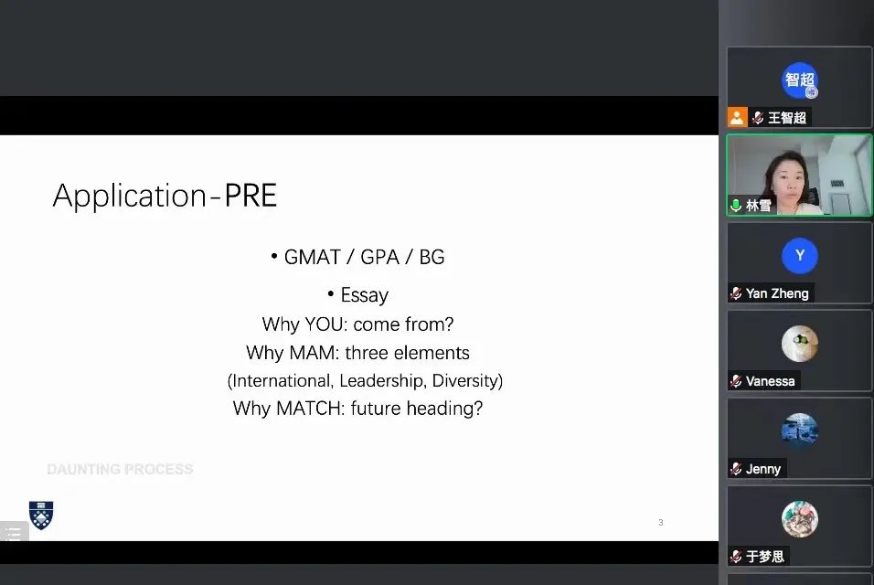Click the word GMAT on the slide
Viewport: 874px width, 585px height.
click(312, 257)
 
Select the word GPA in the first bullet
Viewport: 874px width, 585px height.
click(379, 257)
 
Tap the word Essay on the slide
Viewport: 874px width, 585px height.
click(365, 294)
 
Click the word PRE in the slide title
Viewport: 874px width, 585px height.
click(250, 196)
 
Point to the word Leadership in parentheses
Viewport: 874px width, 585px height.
click(381, 380)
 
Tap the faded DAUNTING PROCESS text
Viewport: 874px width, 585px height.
click(120, 469)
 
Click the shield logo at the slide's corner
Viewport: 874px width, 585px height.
click(41, 515)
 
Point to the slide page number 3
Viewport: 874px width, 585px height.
click(660, 523)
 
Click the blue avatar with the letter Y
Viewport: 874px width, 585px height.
click(799, 256)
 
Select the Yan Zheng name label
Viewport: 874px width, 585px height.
click(777, 293)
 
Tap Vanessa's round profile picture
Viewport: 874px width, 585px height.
click(799, 344)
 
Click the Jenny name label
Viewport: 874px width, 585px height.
click(763, 469)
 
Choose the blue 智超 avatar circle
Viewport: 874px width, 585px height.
click(799, 80)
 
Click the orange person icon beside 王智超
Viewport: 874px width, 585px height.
click(737, 118)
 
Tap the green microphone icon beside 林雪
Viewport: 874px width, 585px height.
click(736, 206)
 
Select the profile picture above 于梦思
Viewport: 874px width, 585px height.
click(799, 519)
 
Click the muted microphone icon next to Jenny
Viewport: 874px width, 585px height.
click(736, 469)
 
